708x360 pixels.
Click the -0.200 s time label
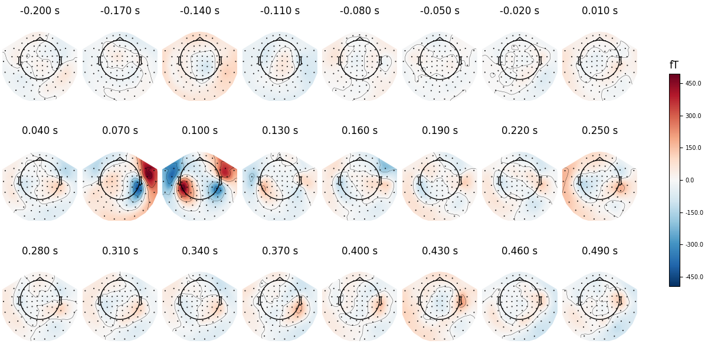(x=40, y=11)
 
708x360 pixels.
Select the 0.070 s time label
(x=120, y=130)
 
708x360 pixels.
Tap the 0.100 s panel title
(x=199, y=130)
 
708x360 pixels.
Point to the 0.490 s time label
(x=599, y=251)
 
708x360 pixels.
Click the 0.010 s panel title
(x=599, y=11)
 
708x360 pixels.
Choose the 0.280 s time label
(x=40, y=251)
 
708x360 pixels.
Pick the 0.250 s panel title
(x=599, y=130)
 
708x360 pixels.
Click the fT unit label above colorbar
(x=674, y=66)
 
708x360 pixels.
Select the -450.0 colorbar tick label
(x=693, y=277)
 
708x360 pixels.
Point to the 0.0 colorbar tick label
(x=689, y=180)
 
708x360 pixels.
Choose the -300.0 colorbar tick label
(x=693, y=244)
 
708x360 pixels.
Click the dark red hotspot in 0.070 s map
(x=150, y=174)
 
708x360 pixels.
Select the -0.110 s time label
(x=280, y=11)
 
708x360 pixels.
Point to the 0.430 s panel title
(x=440, y=251)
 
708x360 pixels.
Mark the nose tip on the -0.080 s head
(x=359, y=37)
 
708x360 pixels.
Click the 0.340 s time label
(x=199, y=251)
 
